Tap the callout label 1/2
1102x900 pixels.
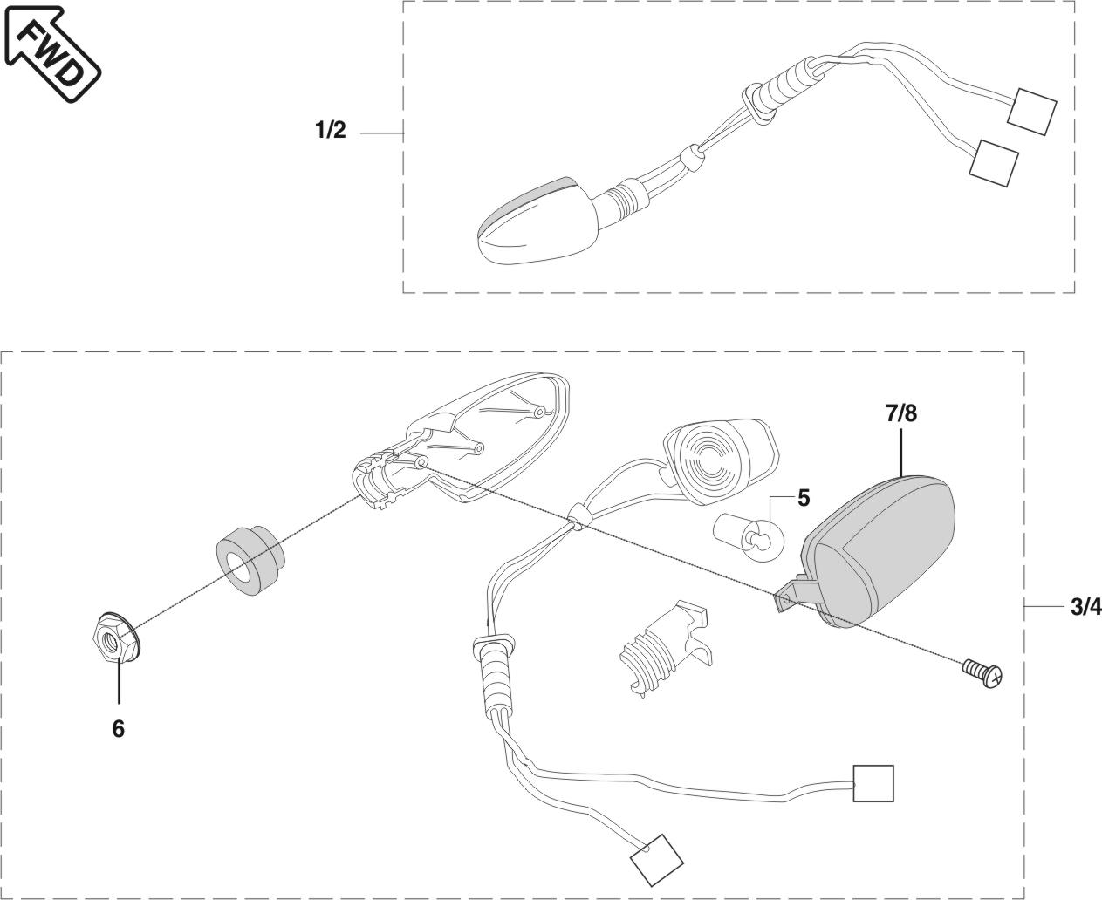tap(331, 131)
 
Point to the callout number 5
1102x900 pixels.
tap(803, 499)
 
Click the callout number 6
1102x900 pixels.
tap(118, 728)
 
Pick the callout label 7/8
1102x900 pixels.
tap(900, 413)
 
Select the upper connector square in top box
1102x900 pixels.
tap(1031, 111)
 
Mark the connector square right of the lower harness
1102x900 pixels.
tap(873, 783)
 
